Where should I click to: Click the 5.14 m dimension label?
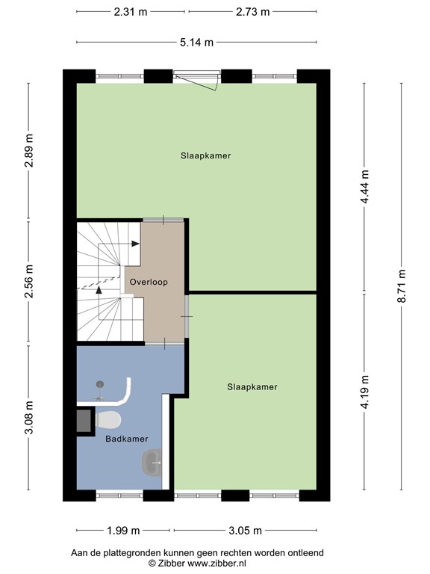tap(196, 43)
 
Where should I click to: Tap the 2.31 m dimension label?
tap(131, 12)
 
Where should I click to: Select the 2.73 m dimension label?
tap(252, 12)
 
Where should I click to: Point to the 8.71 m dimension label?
tap(402, 286)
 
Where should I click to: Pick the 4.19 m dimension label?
tap(364, 393)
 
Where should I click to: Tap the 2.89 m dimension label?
tap(29, 150)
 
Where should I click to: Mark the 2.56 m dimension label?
tap(29, 281)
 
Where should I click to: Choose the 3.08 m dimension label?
tap(29, 417)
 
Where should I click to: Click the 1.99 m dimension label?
tap(123, 531)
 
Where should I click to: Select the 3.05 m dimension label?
tap(246, 531)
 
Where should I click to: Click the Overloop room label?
tap(149, 282)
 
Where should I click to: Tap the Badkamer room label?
tap(127, 439)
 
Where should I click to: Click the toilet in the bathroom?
tap(107, 419)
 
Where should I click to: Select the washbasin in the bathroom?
tap(152, 463)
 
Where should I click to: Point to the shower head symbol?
tap(100, 384)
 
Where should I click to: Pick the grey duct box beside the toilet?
tap(84, 421)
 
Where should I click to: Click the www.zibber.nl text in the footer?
tap(216, 563)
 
